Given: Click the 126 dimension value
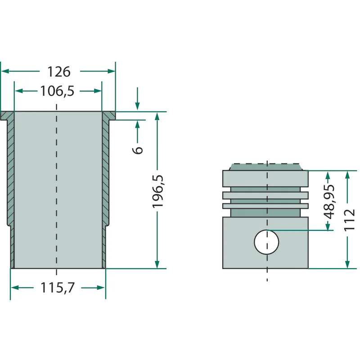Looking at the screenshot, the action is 59,72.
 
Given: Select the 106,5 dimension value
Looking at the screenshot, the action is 57,91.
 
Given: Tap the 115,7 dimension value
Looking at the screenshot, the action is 58,288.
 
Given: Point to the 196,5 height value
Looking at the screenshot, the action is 158,192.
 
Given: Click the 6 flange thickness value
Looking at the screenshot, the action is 138,150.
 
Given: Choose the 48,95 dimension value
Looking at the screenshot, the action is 328,202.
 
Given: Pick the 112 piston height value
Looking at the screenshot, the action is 349,220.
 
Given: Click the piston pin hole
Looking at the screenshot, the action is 266,242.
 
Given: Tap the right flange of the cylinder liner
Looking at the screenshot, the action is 109,116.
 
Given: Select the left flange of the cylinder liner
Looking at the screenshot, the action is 7,116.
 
